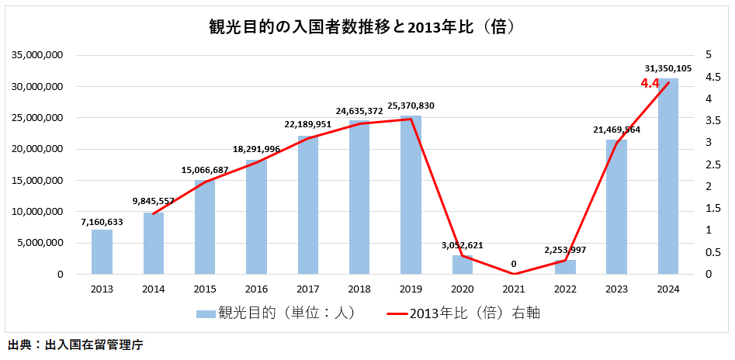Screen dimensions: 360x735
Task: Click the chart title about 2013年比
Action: pos(364,26)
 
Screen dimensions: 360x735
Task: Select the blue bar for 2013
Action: pos(102,251)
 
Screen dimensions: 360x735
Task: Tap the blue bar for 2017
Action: pos(307,205)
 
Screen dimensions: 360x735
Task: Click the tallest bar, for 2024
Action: pos(667,176)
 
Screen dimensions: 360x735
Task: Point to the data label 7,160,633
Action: pos(102,222)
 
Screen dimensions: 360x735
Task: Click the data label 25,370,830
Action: pos(411,106)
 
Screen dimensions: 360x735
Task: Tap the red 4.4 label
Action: pos(650,83)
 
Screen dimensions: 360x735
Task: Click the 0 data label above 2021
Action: pos(514,264)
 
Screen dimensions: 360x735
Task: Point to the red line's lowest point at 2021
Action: pos(514,274)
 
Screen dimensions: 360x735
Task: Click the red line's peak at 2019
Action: pos(411,119)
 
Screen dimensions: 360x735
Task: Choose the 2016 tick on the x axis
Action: pos(256,289)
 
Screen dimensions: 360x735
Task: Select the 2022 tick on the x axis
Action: pos(565,289)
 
